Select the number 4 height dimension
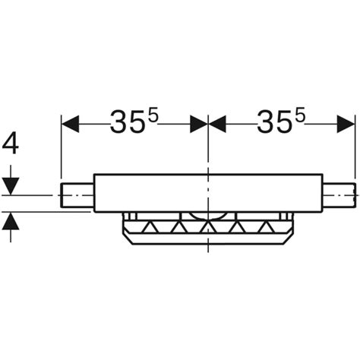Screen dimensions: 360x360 [x=11, y=142]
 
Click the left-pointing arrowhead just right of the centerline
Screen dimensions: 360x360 [x=217, y=122]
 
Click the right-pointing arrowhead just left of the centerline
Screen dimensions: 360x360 [x=198, y=122]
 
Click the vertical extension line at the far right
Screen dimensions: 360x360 [x=355, y=152]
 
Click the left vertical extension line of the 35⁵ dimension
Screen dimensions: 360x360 [x=61, y=152]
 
